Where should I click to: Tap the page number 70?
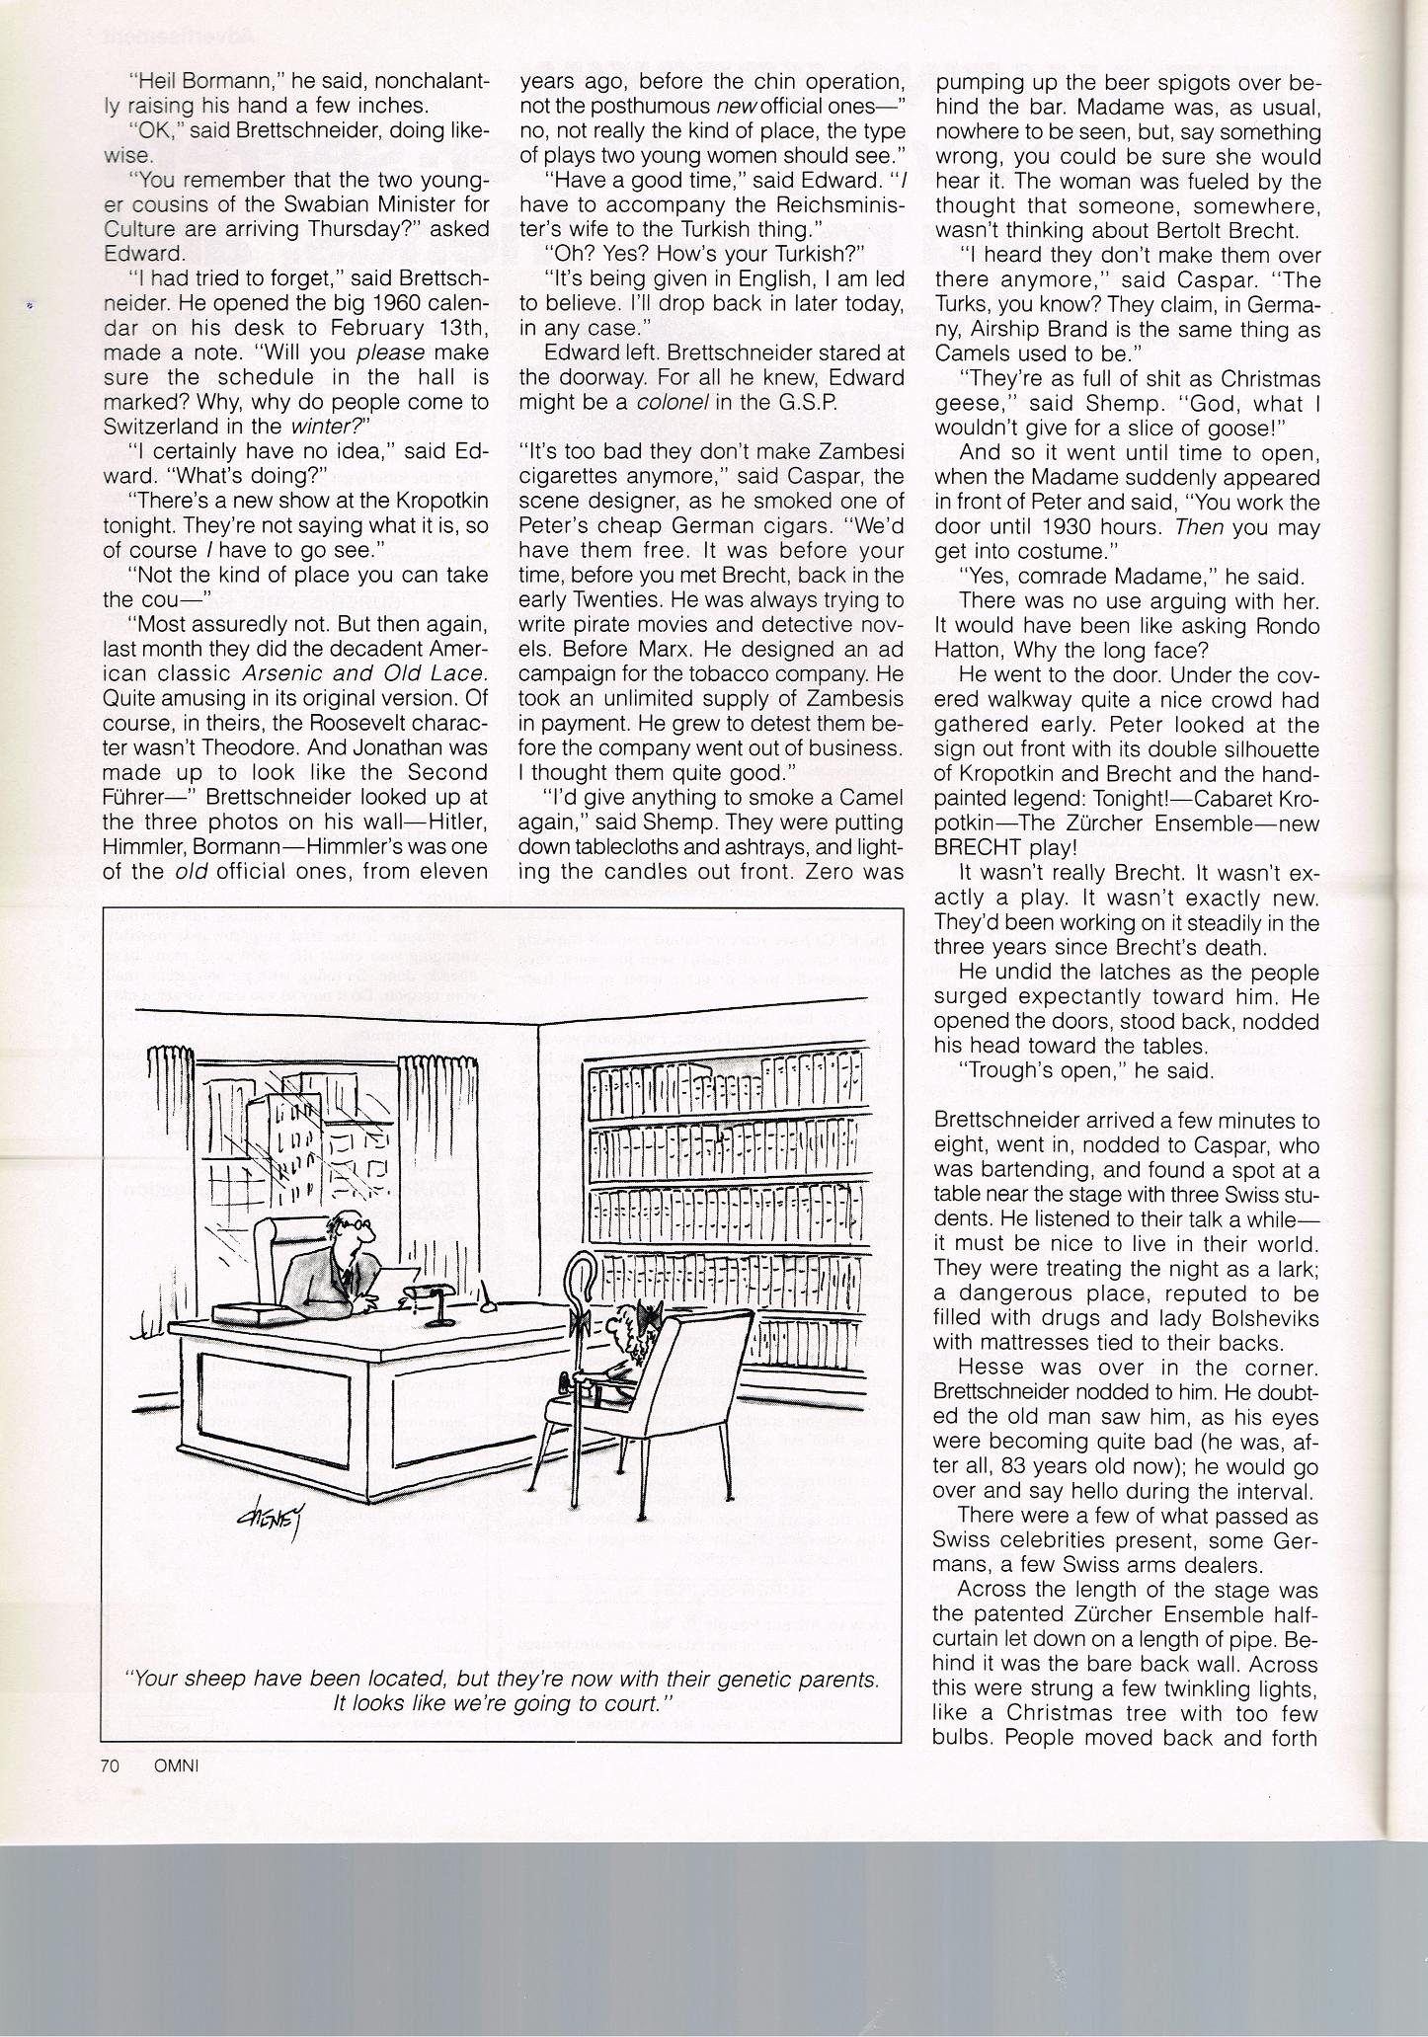click(x=110, y=1766)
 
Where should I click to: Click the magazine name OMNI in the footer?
click(x=177, y=1766)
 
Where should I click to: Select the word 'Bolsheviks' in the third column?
click(x=1268, y=1318)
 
